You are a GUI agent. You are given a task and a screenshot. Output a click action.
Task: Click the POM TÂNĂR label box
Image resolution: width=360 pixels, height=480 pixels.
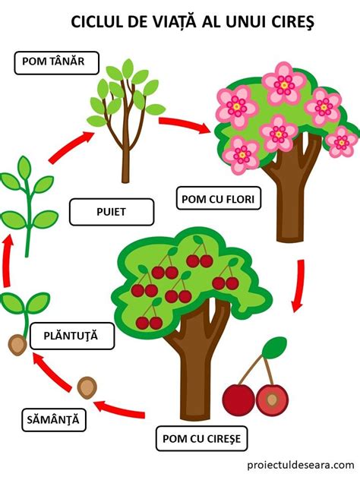click(57, 63)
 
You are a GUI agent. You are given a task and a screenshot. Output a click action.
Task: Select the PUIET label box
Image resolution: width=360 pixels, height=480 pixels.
click(112, 212)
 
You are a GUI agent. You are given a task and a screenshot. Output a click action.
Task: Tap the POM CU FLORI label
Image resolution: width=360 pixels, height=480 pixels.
click(219, 198)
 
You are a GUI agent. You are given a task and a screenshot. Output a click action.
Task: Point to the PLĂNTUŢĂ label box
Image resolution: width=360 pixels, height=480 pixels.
click(72, 336)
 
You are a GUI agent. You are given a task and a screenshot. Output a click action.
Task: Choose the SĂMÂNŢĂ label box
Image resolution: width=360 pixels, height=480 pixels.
click(54, 419)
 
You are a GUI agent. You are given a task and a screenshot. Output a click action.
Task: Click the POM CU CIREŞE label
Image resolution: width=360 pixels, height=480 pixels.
click(202, 438)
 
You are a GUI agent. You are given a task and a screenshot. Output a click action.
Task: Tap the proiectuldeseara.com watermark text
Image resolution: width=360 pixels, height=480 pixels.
click(301, 465)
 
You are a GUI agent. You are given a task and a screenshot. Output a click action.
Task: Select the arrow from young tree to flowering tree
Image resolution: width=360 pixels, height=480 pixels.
click(185, 124)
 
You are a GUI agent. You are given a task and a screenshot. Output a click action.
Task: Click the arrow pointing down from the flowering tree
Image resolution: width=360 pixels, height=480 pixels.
click(298, 286)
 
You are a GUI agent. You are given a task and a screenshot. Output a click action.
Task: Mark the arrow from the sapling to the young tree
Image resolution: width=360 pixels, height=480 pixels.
click(71, 147)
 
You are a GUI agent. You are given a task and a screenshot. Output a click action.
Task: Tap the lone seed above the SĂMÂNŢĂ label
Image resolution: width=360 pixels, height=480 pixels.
click(87, 387)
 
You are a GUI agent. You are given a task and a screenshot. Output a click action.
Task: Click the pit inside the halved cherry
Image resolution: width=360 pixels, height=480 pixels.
click(272, 399)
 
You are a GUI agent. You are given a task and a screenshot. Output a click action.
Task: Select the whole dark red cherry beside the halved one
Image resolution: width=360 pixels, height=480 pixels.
click(238, 399)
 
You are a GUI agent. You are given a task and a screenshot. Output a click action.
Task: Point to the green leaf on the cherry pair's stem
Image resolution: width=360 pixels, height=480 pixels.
click(274, 347)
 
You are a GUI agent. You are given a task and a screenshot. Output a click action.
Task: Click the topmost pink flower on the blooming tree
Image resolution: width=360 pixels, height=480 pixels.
click(284, 84)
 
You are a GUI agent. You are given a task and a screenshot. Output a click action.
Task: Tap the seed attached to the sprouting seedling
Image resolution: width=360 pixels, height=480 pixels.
click(17, 345)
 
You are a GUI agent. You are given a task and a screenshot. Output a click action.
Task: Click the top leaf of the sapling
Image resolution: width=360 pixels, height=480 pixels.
click(24, 168)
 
